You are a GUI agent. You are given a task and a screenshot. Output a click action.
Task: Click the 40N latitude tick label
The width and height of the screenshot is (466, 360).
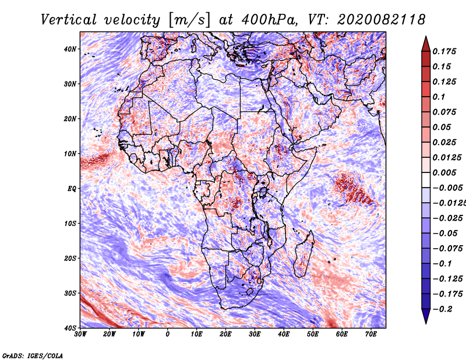pyautogui.click(x=69, y=49)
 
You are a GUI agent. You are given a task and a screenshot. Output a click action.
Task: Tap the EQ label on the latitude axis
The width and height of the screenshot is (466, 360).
pyautogui.click(x=72, y=189)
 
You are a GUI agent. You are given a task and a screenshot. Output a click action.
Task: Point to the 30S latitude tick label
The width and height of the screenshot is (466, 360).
pyautogui.click(x=70, y=294)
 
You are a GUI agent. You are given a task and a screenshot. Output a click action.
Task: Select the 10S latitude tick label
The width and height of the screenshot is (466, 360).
pyautogui.click(x=70, y=224)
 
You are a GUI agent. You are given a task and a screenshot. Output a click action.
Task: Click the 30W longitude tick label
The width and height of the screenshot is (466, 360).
pyautogui.click(x=80, y=334)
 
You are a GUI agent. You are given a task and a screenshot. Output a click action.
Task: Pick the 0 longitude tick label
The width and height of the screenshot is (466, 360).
pyautogui.click(x=168, y=334)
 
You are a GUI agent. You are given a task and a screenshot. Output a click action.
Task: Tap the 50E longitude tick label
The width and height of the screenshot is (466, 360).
pyautogui.click(x=313, y=334)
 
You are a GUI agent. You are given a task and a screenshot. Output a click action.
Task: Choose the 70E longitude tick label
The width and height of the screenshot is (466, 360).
pyautogui.click(x=371, y=334)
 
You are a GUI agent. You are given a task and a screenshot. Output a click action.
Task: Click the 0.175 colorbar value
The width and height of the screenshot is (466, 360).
pyautogui.click(x=444, y=51)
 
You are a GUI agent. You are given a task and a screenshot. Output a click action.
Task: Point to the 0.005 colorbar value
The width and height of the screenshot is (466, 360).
pyautogui.click(x=444, y=172)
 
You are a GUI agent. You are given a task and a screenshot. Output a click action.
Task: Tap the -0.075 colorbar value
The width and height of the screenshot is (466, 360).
pyautogui.click(x=447, y=249)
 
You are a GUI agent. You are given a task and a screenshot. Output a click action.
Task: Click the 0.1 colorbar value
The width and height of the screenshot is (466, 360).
pyautogui.click(x=439, y=97)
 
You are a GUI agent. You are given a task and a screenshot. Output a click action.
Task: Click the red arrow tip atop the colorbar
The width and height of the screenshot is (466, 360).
pyautogui.click(x=426, y=37)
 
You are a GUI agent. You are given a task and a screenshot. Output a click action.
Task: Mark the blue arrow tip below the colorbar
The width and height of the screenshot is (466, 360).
pyautogui.click(x=426, y=323)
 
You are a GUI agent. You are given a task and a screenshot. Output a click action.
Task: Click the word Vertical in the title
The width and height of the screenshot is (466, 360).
pyautogui.click(x=68, y=20)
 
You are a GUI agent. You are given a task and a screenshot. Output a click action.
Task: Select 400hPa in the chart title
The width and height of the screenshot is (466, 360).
pyautogui.click(x=269, y=20)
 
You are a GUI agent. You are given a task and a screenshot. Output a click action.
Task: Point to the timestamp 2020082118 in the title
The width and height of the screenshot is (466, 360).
pyautogui.click(x=382, y=20)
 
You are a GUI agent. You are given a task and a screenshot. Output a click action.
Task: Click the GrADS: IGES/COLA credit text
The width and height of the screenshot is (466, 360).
pyautogui.click(x=33, y=355)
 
